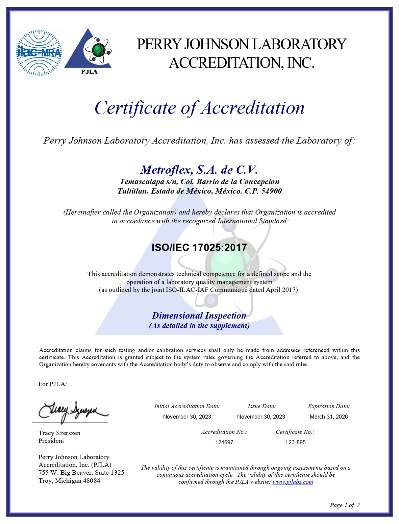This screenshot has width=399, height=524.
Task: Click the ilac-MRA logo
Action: pyautogui.click(x=39, y=53)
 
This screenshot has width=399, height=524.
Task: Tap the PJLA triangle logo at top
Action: pyautogui.click(x=89, y=51)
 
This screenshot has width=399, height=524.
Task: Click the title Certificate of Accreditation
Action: pyautogui.click(x=199, y=108)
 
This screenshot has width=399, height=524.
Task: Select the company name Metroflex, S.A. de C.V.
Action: pyautogui.click(x=199, y=169)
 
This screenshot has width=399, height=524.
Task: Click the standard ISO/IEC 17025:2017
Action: pyautogui.click(x=199, y=247)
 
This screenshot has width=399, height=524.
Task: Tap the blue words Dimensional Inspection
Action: pyautogui.click(x=199, y=316)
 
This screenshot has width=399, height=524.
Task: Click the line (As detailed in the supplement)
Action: pyautogui.click(x=199, y=326)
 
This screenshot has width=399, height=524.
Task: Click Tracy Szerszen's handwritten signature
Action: pyautogui.click(x=72, y=411)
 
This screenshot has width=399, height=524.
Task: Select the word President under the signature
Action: pyautogui.click(x=51, y=441)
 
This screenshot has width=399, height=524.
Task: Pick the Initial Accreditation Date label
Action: pyautogui.click(x=187, y=406)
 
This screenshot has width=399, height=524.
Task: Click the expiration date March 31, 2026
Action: pyautogui.click(x=329, y=417)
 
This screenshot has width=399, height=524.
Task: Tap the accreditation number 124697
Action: pyautogui.click(x=224, y=442)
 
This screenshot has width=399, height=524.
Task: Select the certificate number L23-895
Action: pyautogui.click(x=295, y=442)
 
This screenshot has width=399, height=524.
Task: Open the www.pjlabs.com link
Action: pyautogui.click(x=293, y=482)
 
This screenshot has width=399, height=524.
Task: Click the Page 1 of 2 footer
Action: pyautogui.click(x=345, y=505)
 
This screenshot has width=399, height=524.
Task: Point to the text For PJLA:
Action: pyautogui.click(x=53, y=384)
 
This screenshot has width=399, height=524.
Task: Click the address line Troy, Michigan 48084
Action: pyautogui.click(x=69, y=481)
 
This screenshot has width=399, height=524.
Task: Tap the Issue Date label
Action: pyautogui.click(x=261, y=406)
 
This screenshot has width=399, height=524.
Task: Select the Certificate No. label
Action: pyautogui.click(x=295, y=432)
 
